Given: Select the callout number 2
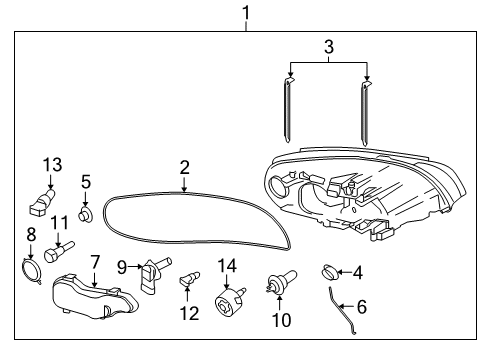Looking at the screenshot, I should click(184, 166).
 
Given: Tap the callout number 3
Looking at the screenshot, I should click(328, 45).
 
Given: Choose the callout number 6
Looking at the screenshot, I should click(362, 308).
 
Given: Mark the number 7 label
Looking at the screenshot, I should click(95, 263).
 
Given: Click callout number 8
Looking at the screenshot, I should click(30, 236).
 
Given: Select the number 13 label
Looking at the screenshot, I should click(52, 164).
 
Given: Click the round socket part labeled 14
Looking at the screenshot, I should click(228, 301).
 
